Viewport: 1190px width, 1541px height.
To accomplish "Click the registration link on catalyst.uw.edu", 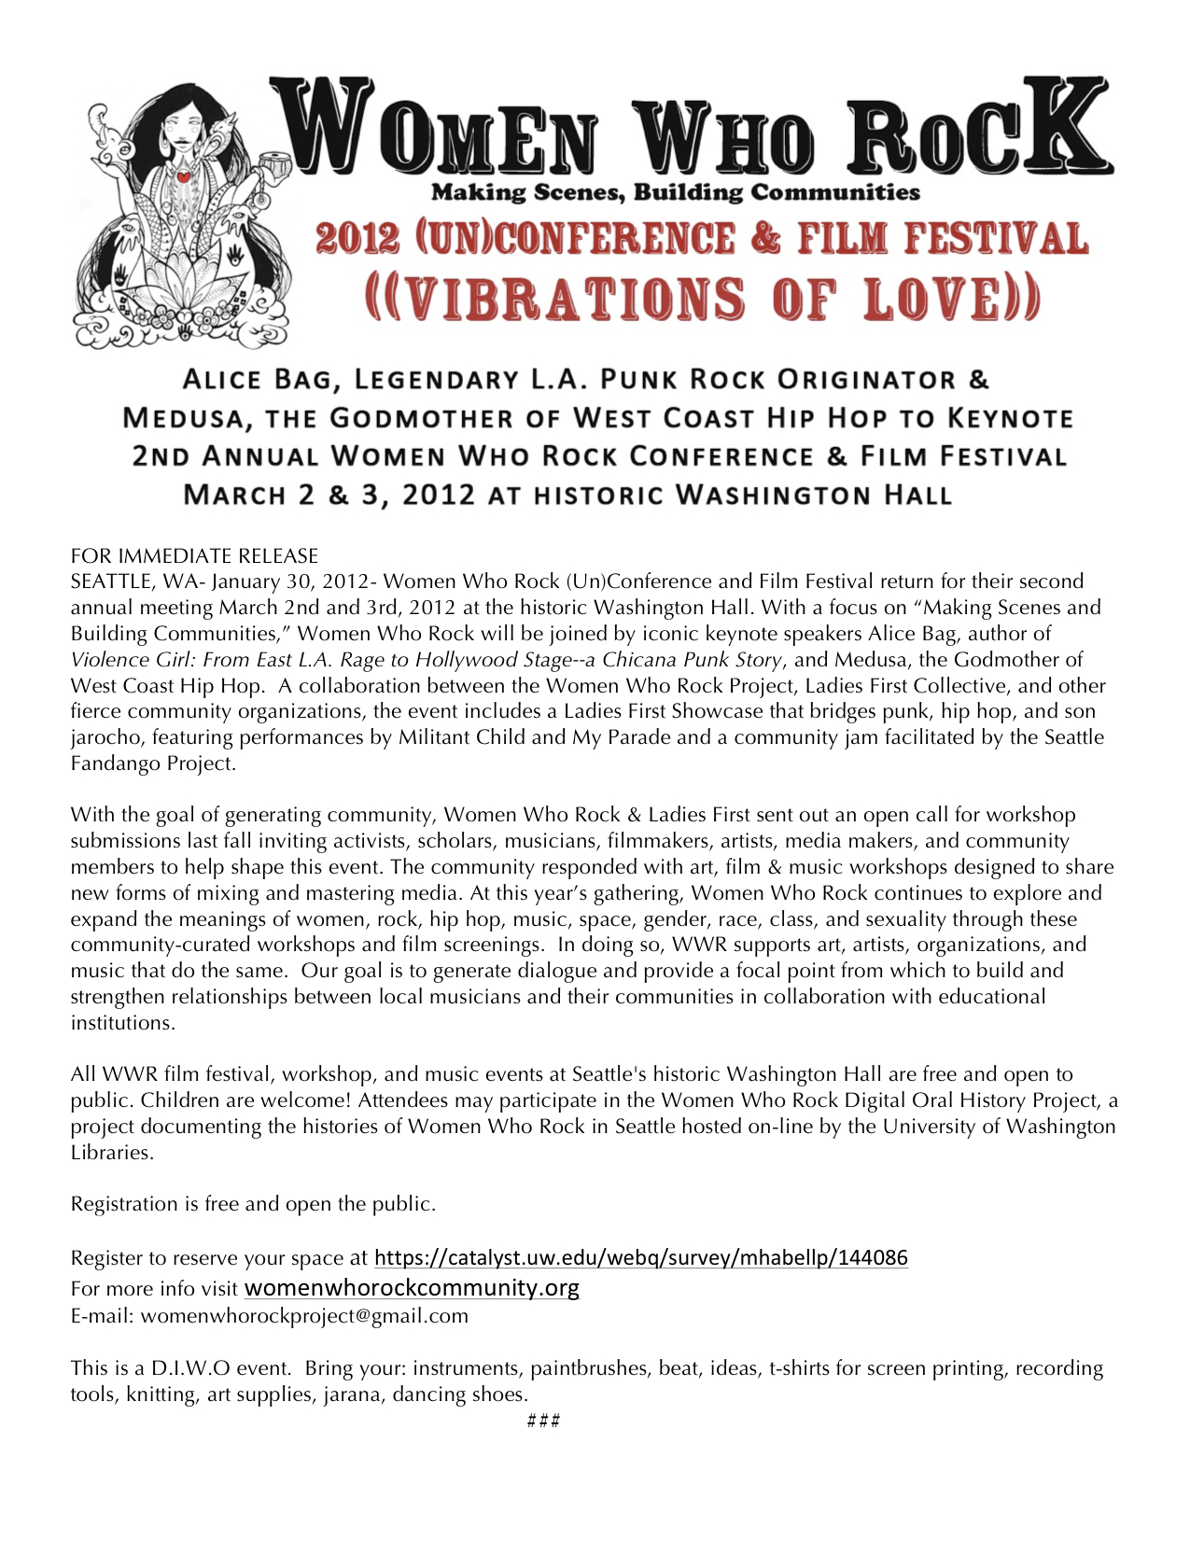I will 640,1257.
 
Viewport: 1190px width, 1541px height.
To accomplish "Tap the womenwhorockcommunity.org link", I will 412,1288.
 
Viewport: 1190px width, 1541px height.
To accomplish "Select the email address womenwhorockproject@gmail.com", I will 304,1316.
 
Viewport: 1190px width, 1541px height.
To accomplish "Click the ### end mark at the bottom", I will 543,1421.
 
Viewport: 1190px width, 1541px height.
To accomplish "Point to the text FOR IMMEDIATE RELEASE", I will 194,556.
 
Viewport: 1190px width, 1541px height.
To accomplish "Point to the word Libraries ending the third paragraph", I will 111,1152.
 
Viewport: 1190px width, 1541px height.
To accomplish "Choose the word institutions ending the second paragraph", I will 122,1022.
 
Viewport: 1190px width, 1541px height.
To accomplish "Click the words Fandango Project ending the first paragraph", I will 152,763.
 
